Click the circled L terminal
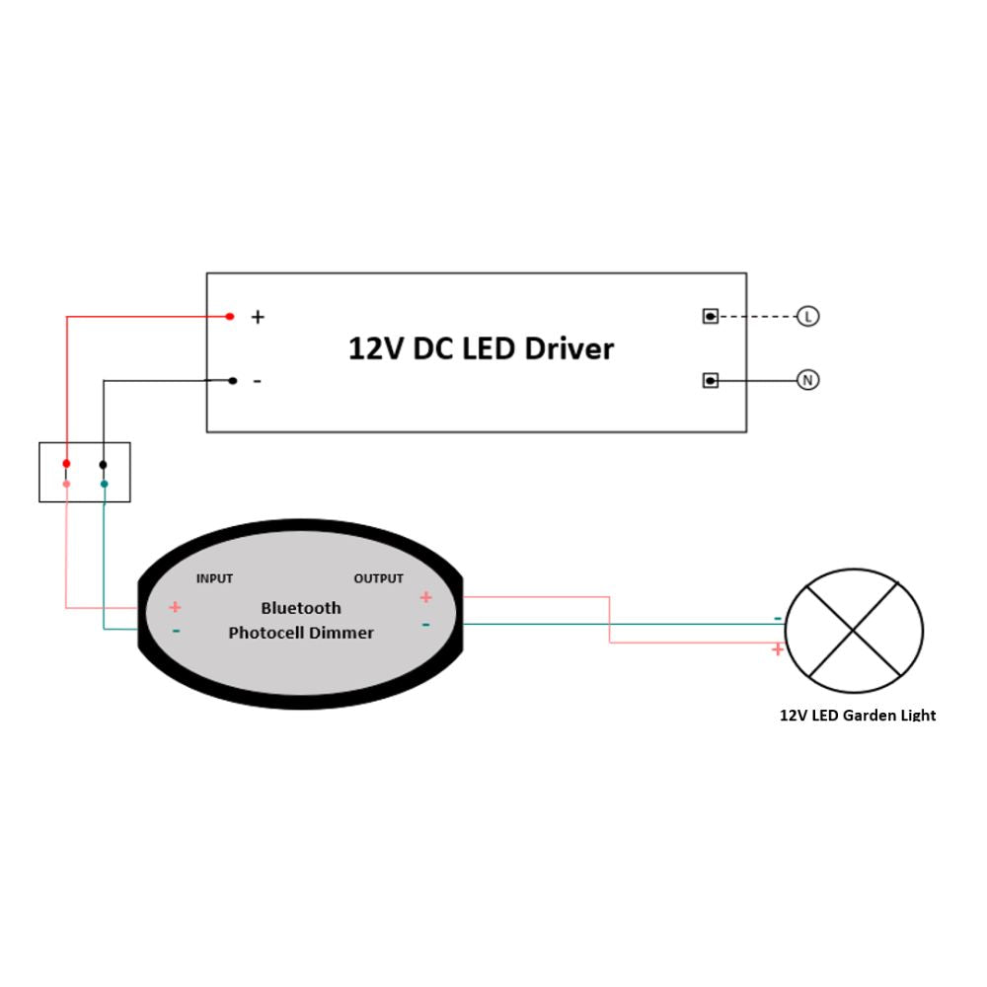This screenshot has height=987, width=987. pos(808,316)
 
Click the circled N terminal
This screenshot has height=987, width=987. pos(808,380)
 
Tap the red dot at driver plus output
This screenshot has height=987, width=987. pos(230,316)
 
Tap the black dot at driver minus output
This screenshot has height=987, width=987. pos(233,380)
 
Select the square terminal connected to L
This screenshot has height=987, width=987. pos(710,316)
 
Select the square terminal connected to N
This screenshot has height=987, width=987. pos(710,380)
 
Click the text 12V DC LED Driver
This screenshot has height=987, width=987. pos(481,348)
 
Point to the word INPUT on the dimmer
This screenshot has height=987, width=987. pos(214,578)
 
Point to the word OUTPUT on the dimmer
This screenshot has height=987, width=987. pos(378,578)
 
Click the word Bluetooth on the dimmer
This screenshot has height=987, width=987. pos(301,608)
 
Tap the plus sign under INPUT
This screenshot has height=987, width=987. pos(175,607)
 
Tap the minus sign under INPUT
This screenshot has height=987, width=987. pos(176,631)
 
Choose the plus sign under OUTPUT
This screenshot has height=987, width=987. pos(425,597)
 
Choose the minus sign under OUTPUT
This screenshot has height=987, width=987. pos(425,625)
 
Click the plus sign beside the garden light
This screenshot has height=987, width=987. pos(778,649)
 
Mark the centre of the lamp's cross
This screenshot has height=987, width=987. pos(854,631)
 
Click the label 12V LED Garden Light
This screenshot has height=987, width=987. pos(858,716)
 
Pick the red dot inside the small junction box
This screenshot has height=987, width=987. pos(66,464)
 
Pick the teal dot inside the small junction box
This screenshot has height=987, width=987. pos(104,484)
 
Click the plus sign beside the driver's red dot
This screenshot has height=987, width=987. pos(258,317)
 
